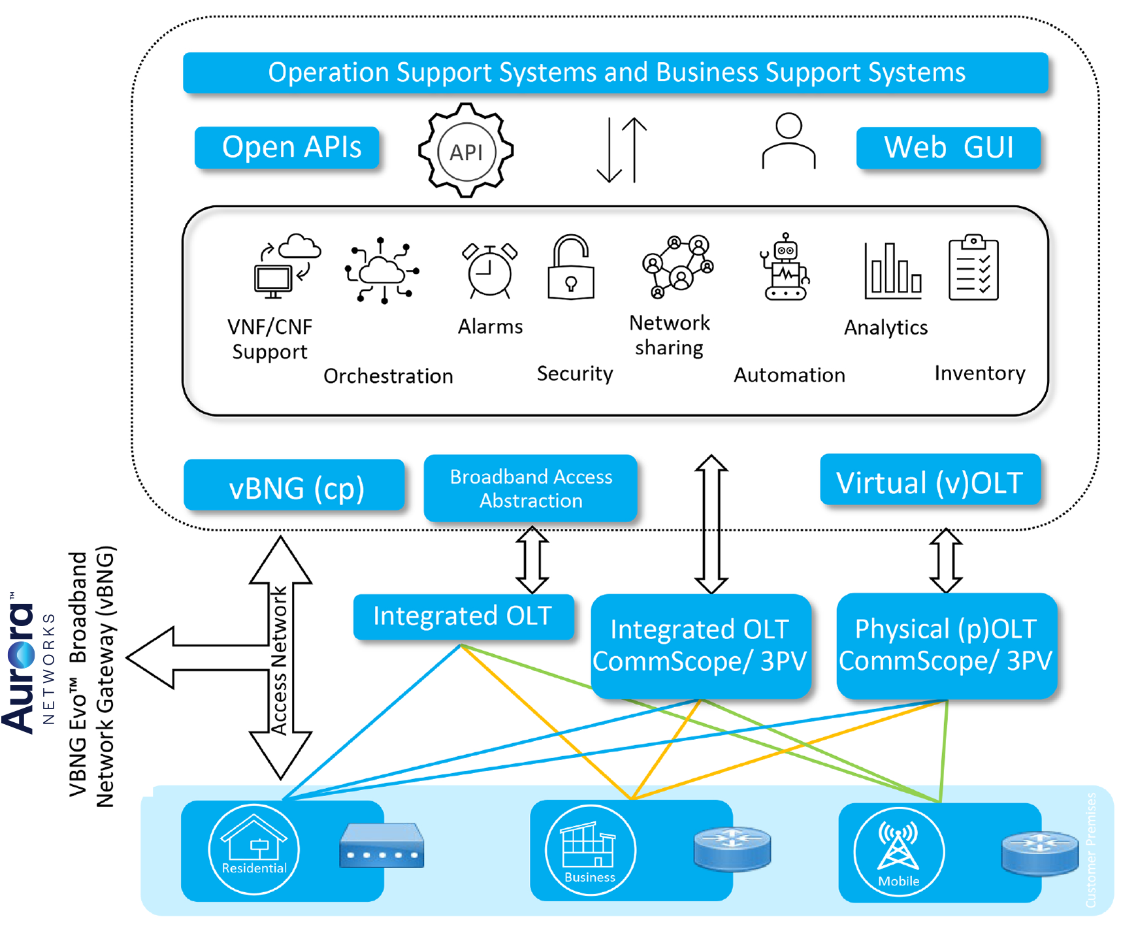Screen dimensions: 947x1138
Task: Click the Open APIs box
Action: (287, 148)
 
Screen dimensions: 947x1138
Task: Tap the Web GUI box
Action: (948, 148)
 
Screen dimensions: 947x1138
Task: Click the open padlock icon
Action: (570, 268)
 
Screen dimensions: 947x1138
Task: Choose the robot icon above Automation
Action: (785, 268)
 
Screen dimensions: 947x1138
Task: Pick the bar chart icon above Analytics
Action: (892, 271)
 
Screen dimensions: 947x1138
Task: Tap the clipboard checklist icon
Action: (973, 268)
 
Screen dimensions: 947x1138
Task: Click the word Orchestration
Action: (388, 376)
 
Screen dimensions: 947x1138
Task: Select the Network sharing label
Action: (669, 335)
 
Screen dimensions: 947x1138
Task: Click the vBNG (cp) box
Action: (295, 486)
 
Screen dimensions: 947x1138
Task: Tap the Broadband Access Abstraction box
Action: (530, 489)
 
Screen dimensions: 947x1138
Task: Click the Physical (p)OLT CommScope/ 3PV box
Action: (946, 645)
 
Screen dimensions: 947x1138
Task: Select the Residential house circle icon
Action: (254, 848)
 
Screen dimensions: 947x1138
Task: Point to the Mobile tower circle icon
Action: (899, 852)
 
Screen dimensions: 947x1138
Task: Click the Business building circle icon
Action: (590, 850)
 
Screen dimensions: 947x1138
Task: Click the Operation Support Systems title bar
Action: (615, 73)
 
